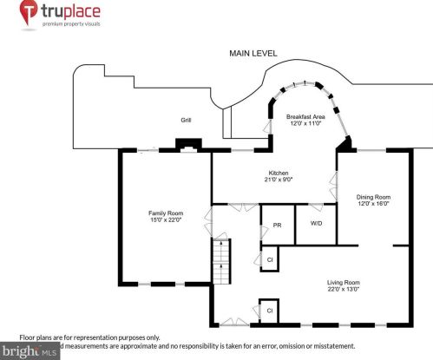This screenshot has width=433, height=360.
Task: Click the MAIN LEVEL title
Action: (253, 54)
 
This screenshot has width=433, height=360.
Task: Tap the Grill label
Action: (186, 120)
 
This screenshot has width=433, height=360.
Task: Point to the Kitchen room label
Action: (278, 173)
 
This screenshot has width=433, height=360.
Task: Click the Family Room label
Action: (165, 213)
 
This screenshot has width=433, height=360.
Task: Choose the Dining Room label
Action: (373, 196)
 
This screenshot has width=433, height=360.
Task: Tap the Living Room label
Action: (343, 282)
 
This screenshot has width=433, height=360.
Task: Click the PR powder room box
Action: (277, 225)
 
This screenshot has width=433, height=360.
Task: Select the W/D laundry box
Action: (316, 223)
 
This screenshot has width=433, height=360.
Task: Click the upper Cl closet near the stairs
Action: (270, 259)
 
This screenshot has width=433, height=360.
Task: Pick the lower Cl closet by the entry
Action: (269, 310)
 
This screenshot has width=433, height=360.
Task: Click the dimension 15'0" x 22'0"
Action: (165, 220)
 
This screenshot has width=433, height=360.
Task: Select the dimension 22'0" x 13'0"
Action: (343, 290)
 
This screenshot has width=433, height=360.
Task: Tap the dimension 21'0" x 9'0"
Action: (278, 180)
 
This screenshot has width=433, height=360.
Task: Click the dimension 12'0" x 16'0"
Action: (373, 204)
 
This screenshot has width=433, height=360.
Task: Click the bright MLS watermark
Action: (30, 351)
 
